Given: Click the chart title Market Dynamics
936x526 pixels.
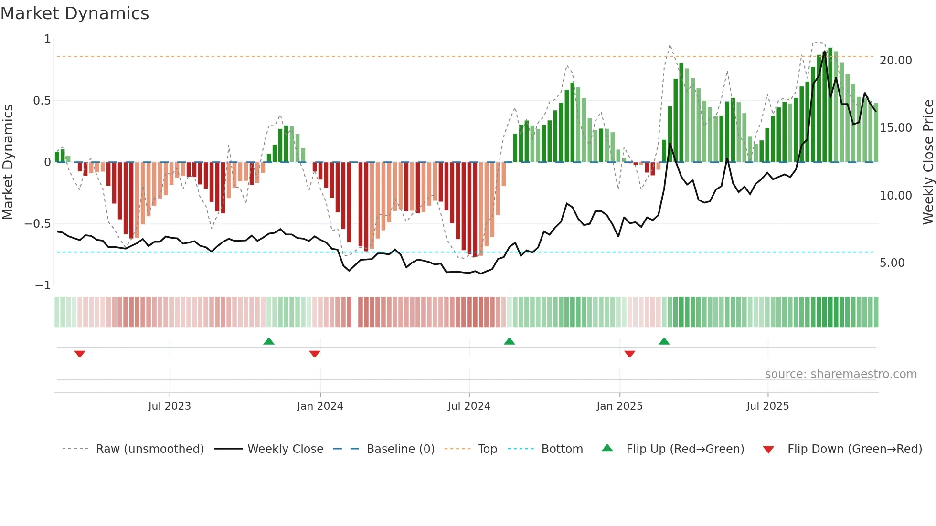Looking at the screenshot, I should tap(74, 13).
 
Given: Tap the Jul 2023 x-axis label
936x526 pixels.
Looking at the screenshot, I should tap(169, 406).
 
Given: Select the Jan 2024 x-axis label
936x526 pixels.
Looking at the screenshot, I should tap(320, 406).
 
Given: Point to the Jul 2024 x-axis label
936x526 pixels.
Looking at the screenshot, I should tap(469, 406).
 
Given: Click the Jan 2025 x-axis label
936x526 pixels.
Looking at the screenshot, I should tap(619, 406).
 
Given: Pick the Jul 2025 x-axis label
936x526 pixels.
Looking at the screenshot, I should tap(767, 406).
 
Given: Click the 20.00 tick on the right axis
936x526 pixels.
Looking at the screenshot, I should tap(895, 61).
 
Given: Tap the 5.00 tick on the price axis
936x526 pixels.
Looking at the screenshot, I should tap(892, 263).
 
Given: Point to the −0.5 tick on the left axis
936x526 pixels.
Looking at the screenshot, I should tap(37, 224).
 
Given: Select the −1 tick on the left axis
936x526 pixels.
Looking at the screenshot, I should tap(43, 285).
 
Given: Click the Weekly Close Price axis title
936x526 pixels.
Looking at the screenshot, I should tap(928, 162).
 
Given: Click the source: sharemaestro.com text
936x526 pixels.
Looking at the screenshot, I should tap(840, 374).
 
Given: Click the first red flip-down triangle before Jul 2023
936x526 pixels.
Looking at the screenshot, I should tap(80, 354).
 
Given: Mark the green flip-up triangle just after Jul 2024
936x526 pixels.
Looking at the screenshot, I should tap(510, 341).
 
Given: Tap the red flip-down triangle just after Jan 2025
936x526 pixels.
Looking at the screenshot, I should tap(630, 354).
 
